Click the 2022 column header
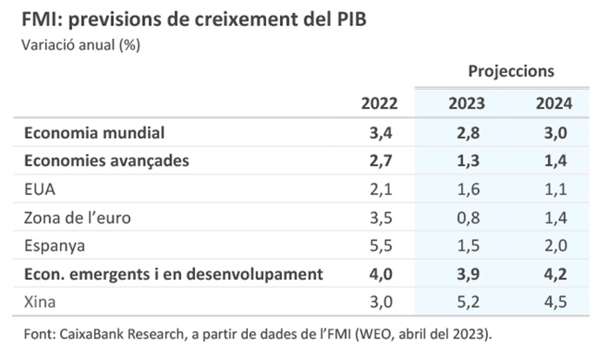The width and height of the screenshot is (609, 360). coord(379,103)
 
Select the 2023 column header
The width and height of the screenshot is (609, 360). coord(466,103)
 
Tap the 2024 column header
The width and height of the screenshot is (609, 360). coord(553,103)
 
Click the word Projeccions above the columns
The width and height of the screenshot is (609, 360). coord(511,71)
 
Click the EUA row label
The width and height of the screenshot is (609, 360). coord(42,190)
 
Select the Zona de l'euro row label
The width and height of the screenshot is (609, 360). coord(77,217)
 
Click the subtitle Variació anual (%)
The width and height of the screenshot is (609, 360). coord(74,45)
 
